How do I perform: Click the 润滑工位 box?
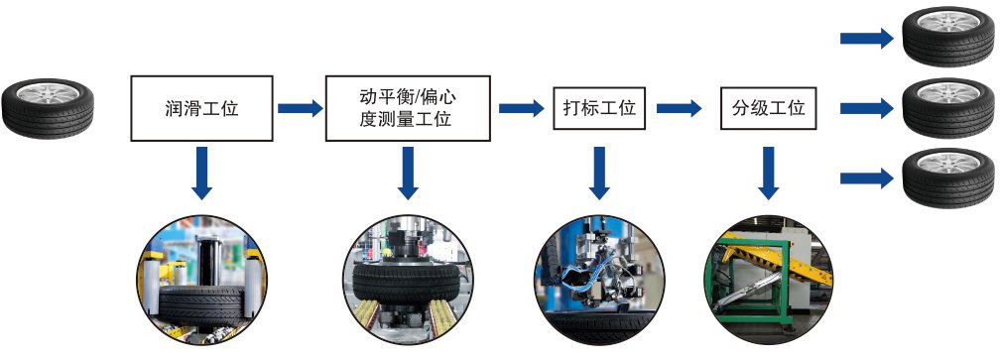201,108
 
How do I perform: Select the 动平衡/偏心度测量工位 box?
408,108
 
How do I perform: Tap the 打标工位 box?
599,108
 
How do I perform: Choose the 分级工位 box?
769,108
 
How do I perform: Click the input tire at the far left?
48,108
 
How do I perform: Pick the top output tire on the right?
949,37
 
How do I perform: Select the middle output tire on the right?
949,108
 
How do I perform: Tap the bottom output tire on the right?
949,178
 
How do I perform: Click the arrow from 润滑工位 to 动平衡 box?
300,108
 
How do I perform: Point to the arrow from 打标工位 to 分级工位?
680,108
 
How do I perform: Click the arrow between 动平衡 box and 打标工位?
522,108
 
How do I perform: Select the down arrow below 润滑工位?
201,174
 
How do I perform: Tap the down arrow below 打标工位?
599,174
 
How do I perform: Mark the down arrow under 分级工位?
769,174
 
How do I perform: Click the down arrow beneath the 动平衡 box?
408,174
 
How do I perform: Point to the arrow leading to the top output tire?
867,39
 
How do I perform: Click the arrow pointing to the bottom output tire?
867,179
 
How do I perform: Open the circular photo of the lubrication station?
201,281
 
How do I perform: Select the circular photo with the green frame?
769,281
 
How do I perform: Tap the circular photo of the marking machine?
599,281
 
